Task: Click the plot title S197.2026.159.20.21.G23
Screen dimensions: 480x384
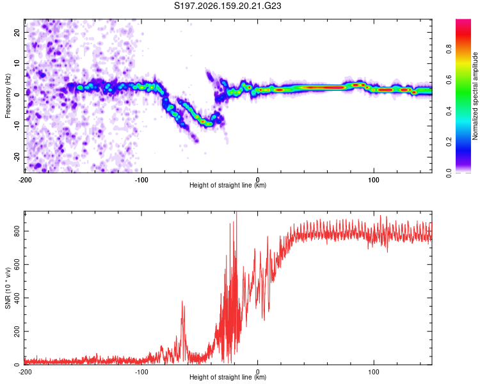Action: (227, 6)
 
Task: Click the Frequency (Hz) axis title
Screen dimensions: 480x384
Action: (8, 96)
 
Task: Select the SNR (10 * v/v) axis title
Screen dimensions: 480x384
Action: (8, 288)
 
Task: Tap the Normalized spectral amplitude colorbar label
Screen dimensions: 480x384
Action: (475, 96)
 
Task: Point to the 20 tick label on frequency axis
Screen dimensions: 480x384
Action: (17, 32)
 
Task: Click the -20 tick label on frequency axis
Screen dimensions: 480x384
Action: (17, 157)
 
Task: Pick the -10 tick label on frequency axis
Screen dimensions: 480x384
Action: (17, 126)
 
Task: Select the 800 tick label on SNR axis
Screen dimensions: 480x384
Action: (17, 231)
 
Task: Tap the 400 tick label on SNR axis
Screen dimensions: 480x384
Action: (17, 298)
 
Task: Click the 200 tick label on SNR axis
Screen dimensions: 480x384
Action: (17, 332)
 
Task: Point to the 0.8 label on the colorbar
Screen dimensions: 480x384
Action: (449, 49)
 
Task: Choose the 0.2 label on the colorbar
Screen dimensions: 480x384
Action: (449, 142)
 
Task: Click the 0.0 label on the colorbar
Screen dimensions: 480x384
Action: (449, 173)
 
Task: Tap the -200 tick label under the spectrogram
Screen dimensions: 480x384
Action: (25, 180)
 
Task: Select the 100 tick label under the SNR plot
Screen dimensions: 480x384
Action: (374, 372)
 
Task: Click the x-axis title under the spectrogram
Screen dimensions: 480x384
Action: (228, 185)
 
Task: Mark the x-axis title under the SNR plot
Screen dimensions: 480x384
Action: (228, 377)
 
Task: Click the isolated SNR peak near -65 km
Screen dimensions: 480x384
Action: (182, 301)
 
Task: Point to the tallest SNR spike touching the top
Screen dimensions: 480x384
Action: (236, 212)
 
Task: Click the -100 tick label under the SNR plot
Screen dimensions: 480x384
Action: (141, 372)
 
